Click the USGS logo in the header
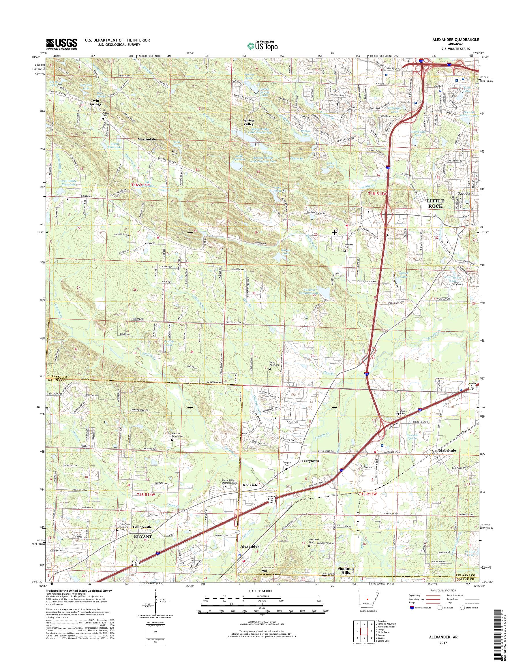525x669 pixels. tap(61, 44)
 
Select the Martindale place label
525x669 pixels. tap(147, 139)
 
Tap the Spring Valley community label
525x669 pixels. tap(248, 122)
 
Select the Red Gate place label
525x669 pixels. tap(250, 485)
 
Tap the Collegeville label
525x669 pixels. tap(142, 527)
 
